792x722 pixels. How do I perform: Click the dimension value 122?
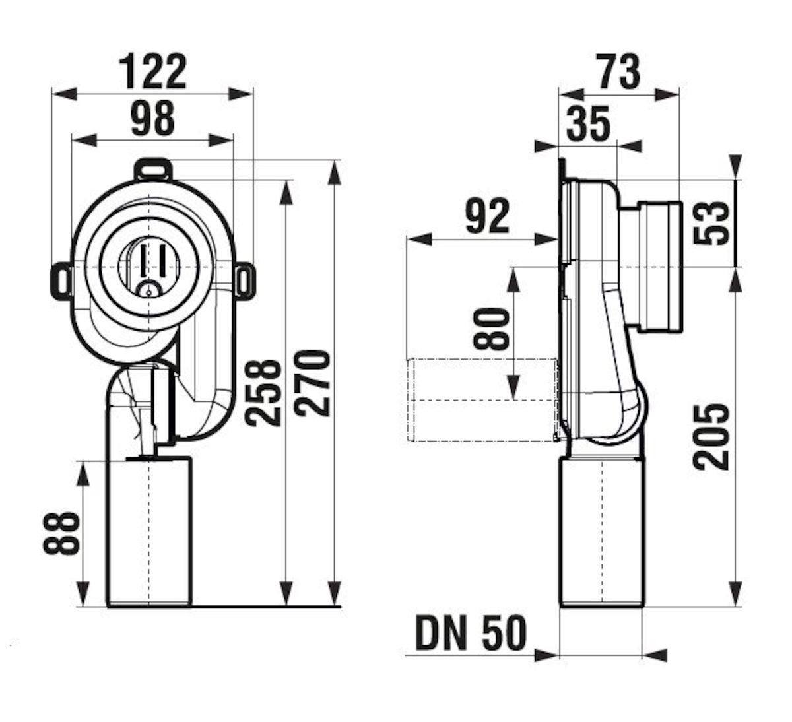tap(153, 73)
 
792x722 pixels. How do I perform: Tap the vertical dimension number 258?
tap(263, 393)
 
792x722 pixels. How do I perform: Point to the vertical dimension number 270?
tap(313, 383)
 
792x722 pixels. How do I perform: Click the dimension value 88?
tap(61, 533)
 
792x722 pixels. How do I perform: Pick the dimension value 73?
tap(618, 73)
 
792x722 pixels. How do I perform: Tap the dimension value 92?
tap(487, 216)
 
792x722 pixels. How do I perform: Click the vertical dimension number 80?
tap(490, 329)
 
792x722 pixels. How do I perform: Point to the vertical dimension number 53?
tap(711, 222)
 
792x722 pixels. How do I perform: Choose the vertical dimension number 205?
tap(711, 437)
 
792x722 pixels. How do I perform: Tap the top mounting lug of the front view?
tap(154, 170)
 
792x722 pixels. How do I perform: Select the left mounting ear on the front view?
tap(61, 280)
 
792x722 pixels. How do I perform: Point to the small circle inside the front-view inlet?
tap(148, 292)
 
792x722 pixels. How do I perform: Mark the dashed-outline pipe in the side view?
tap(482, 400)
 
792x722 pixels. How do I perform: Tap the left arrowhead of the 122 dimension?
tap(65, 94)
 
